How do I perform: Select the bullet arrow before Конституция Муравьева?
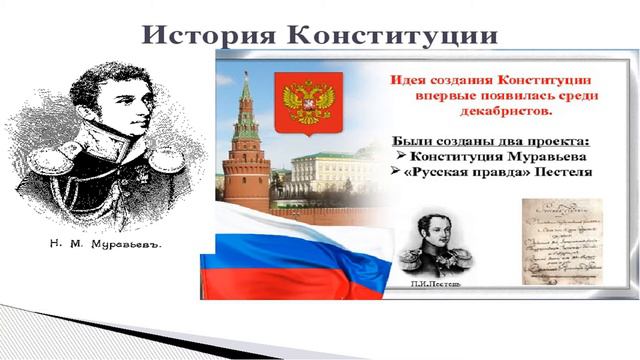[x=397, y=156]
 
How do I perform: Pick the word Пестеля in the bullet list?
[x=556, y=173]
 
